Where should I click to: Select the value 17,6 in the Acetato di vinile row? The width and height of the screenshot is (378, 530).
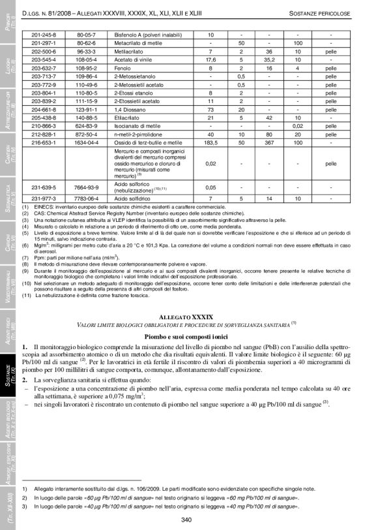(x=211, y=59)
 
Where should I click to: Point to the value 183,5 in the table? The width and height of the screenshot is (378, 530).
(x=211, y=141)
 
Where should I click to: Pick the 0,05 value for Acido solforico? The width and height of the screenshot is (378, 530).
(x=211, y=186)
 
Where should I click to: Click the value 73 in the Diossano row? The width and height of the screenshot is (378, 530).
(x=211, y=109)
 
